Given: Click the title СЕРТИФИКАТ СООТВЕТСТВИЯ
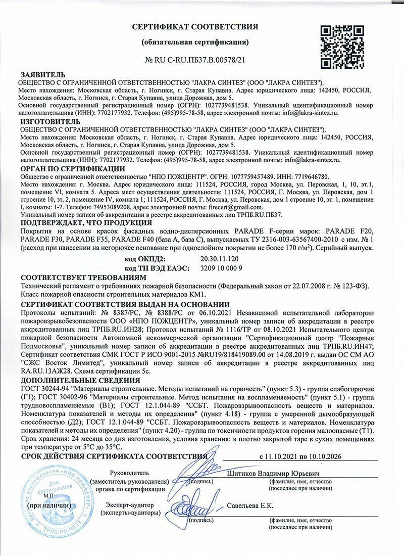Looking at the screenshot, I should tap(195, 26).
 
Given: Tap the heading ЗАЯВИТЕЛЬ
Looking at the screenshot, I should tap(43, 75).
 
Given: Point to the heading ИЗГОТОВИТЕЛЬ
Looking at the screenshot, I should tap(49, 122).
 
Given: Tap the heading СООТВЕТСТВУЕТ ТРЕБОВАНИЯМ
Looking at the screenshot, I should tap(84, 277).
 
